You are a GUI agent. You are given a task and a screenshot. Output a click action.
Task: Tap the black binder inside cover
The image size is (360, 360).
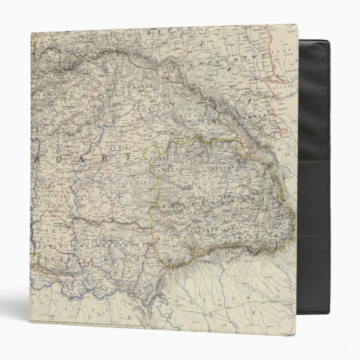324,168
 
